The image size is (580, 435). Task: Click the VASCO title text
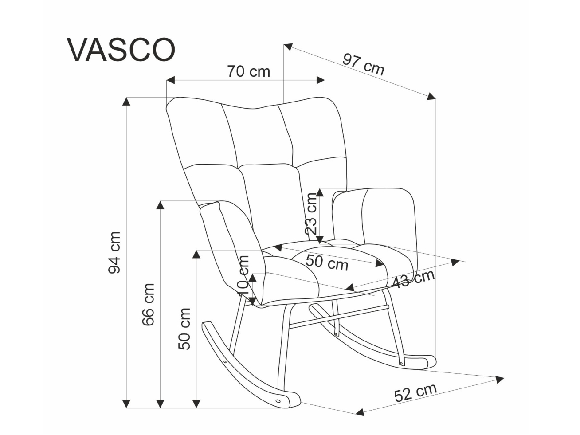121,50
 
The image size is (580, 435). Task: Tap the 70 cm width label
249,71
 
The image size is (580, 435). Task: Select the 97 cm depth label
363,64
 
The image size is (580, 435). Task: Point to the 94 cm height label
114,252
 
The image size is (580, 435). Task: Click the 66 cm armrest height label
148,305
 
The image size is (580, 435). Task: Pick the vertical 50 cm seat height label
184,329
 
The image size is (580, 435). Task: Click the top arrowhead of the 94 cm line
127,102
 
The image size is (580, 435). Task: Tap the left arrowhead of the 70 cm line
171,80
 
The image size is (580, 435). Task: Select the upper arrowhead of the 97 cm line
288,47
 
